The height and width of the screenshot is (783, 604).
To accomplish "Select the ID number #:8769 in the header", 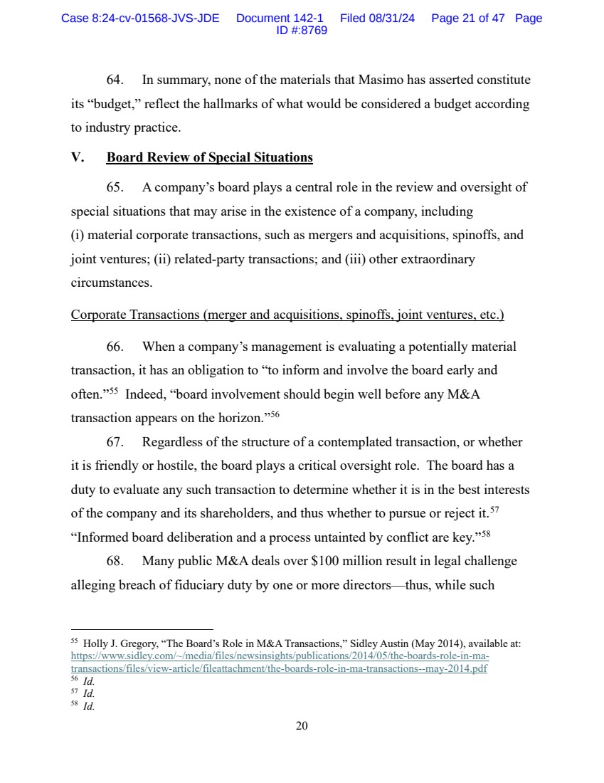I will pos(302,31).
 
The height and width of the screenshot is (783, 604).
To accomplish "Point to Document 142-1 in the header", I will pos(280,19).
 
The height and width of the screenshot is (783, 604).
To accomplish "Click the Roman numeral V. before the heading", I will pos(78,157).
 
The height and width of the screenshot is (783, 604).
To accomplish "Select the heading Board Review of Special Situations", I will pos(209,157).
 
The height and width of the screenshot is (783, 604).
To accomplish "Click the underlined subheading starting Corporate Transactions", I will pos(287,315).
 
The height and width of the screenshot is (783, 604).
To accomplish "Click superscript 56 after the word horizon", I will pos(275,415).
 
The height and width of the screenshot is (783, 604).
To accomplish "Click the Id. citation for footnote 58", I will pos(89,706).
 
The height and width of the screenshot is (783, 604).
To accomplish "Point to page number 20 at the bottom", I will pos(302,726).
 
